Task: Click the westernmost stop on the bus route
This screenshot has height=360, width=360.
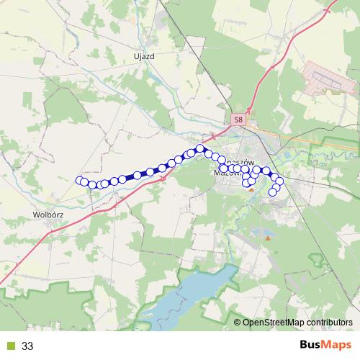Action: (80, 180)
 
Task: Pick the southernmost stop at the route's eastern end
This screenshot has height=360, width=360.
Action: (273, 192)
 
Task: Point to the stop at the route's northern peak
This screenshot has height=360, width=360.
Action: (200, 148)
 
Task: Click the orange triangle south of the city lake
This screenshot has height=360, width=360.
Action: (268, 237)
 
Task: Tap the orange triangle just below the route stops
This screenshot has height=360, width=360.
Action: (250, 189)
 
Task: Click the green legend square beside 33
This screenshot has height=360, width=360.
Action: (9, 346)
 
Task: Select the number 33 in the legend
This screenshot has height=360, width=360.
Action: (27, 346)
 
